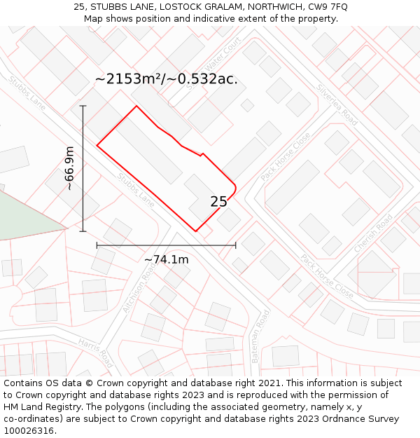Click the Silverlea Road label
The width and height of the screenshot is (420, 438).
337,105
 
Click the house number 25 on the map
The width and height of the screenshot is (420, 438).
218,202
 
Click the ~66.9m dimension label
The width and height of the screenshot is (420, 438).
69,168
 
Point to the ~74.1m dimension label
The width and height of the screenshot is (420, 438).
166,260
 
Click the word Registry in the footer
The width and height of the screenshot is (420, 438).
59,407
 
